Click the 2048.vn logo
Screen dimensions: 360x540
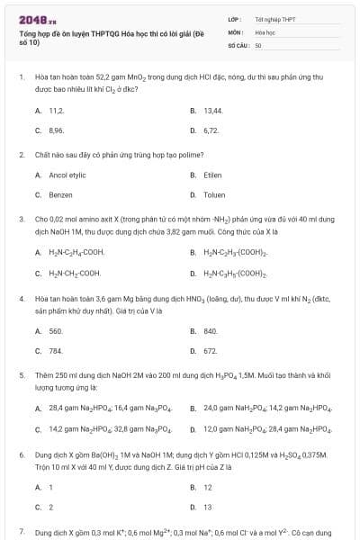(32, 19)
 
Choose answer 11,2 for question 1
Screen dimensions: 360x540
(57, 110)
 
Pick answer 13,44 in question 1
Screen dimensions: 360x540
(212, 110)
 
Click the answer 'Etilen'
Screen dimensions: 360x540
(212, 175)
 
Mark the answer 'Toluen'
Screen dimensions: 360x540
(214, 194)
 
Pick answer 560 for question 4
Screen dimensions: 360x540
(56, 331)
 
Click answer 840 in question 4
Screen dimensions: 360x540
(211, 331)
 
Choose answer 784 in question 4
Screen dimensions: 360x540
(56, 351)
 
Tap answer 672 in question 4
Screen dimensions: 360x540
(211, 351)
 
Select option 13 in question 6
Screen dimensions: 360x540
(208, 508)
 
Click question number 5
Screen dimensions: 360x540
(21, 373)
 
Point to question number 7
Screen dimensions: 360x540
(21, 533)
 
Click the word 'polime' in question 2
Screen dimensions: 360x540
(158, 155)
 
